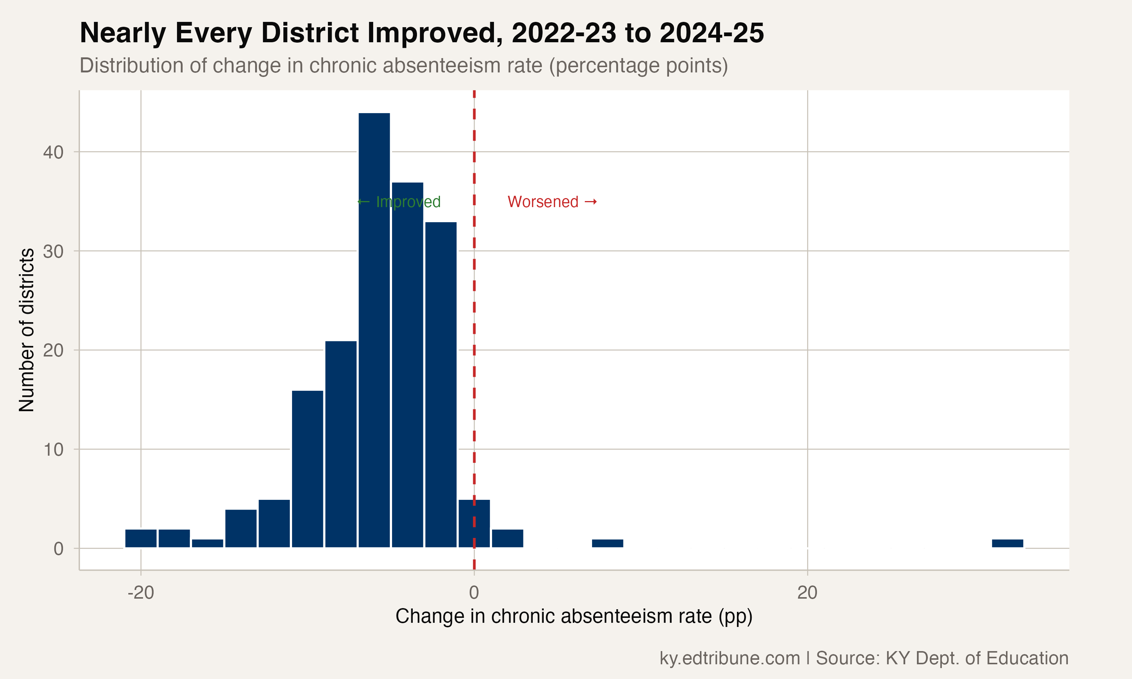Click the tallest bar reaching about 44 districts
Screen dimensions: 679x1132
point(374,329)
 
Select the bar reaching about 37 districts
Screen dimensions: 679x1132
point(407,366)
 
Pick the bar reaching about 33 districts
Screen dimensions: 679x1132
point(441,384)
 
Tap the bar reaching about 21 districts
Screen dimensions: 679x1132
point(340,444)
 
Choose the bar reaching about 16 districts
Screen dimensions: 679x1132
point(307,469)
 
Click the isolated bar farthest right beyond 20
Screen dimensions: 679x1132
point(1007,543)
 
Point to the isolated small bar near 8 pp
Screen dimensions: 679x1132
point(607,543)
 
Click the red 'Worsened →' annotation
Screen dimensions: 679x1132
point(552,202)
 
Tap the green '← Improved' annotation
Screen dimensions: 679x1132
point(398,202)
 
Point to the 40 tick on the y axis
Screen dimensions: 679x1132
point(53,152)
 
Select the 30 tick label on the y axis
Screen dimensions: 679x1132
point(53,252)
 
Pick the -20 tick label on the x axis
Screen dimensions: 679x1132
point(140,593)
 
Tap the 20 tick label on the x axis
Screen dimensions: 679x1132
point(807,593)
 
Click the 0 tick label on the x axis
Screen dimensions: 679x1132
point(474,593)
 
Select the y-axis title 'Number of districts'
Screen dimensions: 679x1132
point(26,329)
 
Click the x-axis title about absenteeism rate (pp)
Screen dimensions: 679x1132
point(574,617)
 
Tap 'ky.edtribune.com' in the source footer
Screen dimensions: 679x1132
point(729,658)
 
